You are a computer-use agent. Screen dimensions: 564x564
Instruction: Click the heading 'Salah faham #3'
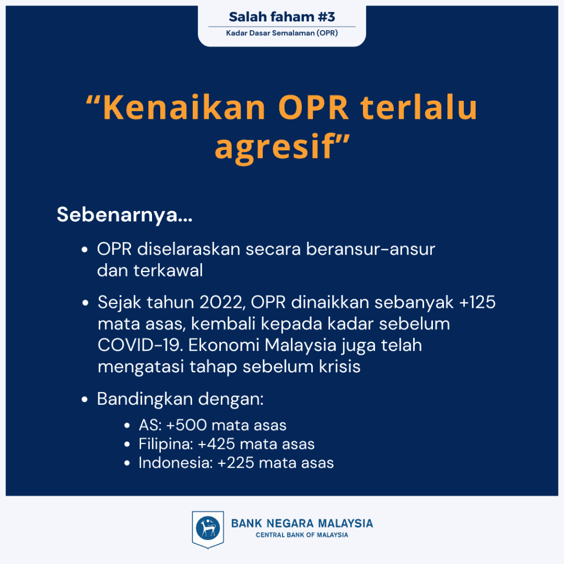[x=281, y=17]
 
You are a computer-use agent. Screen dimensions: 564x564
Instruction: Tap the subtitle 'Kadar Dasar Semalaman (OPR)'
[x=281, y=33]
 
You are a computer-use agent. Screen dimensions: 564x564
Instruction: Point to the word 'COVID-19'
[x=140, y=345]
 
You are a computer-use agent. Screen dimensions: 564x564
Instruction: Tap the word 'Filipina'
[x=166, y=444]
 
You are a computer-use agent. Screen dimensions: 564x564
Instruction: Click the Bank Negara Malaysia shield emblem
[x=208, y=529]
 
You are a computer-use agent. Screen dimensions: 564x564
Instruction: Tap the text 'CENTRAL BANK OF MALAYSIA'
[x=302, y=535]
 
